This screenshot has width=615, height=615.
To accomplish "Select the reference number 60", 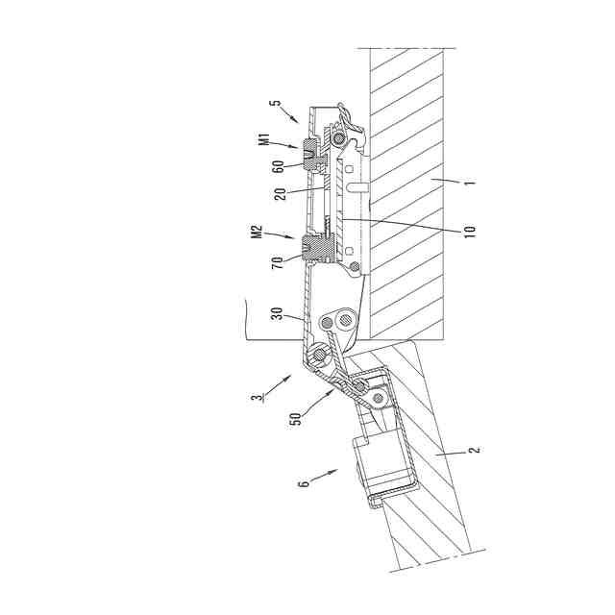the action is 278,167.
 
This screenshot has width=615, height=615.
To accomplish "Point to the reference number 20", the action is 280,193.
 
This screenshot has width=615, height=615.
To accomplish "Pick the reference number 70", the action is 278,262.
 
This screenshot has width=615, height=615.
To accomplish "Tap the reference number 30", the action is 278,314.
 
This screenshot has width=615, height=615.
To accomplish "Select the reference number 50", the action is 296,419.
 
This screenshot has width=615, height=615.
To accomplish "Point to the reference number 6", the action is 305,482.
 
